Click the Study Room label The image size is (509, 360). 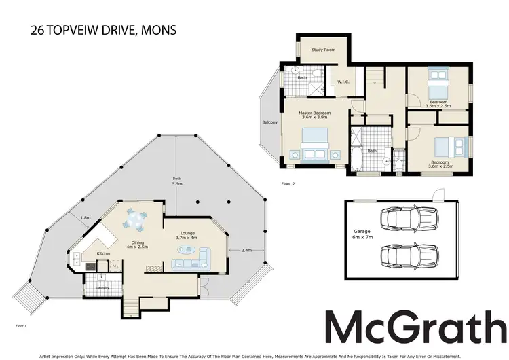[323, 50]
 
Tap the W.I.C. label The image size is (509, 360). [343, 82]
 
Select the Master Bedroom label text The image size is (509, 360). [316, 115]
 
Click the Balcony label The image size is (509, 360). [270, 123]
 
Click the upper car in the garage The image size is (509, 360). [408, 219]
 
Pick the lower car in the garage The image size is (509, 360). [408, 255]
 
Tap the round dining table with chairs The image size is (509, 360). [136, 220]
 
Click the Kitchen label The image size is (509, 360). [104, 253]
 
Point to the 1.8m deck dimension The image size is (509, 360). [86, 217]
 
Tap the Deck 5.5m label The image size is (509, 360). [177, 182]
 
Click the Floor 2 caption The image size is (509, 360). [288, 184]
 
